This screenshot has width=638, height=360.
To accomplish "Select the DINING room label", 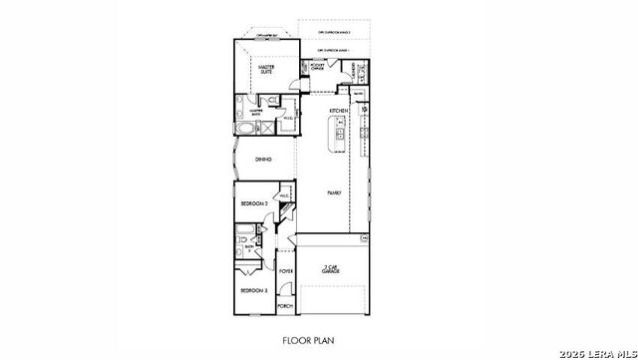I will [x=263, y=159].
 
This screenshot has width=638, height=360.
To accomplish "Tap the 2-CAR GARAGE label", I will [x=333, y=268].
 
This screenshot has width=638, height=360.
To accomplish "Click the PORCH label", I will [x=285, y=306].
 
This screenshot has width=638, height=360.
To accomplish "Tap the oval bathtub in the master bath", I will [x=245, y=128].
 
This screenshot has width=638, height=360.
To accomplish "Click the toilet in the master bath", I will [x=271, y=101].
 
